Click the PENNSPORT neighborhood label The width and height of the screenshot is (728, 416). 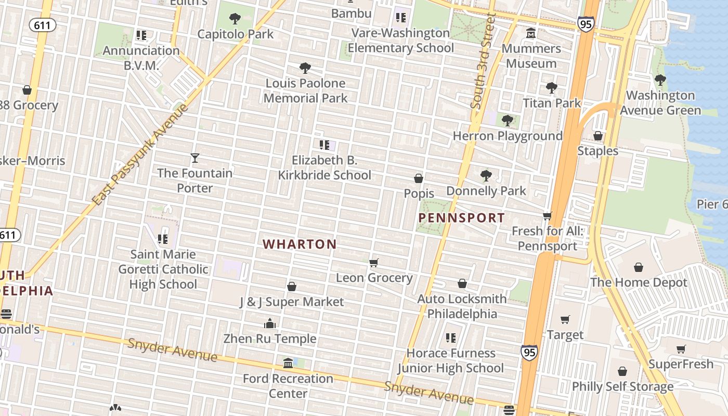point(462,218)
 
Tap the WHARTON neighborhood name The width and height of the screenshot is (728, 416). point(300,244)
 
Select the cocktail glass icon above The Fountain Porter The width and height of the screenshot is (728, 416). point(195,158)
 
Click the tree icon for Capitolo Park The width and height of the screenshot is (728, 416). point(235,19)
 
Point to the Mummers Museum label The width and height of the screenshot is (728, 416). point(531,56)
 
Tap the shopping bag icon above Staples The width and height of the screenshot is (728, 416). point(598,136)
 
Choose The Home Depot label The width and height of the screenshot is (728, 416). point(639,282)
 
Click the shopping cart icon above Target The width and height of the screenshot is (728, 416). point(565,319)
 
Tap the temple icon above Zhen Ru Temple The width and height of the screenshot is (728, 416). point(269,323)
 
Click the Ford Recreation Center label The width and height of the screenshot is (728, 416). point(288,385)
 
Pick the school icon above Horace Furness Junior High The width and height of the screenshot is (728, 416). point(450,338)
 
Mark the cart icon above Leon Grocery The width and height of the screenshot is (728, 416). point(373,263)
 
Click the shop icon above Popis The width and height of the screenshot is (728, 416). point(419,179)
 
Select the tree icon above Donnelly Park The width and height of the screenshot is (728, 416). point(486,176)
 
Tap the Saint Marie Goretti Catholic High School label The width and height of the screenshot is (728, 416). point(163,269)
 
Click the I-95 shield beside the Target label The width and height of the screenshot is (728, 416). point(528,353)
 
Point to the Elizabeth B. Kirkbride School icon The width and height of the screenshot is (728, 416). point(324,145)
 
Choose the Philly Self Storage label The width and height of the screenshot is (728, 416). point(622,386)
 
